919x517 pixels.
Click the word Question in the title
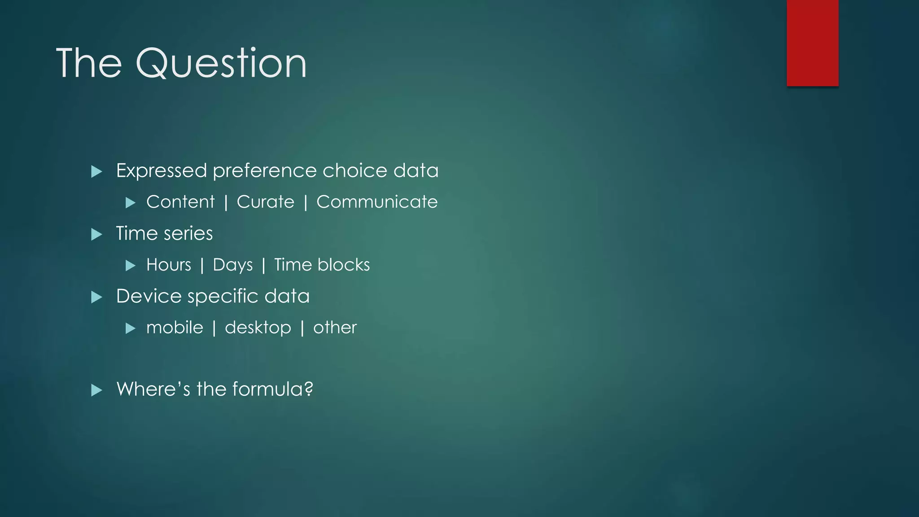221,63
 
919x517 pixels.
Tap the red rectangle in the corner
812,43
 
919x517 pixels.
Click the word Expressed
162,171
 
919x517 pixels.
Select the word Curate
265,202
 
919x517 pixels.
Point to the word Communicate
377,202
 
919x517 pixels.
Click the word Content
180,202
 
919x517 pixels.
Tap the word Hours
169,265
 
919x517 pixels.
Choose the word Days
232,265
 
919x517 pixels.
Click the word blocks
343,265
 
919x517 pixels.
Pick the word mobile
175,328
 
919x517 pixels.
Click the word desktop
258,328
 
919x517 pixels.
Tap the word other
335,328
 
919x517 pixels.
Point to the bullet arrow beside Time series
96,234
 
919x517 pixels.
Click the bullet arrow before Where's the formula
96,390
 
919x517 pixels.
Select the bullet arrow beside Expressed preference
96,171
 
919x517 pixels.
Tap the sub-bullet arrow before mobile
130,329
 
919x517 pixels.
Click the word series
188,234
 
